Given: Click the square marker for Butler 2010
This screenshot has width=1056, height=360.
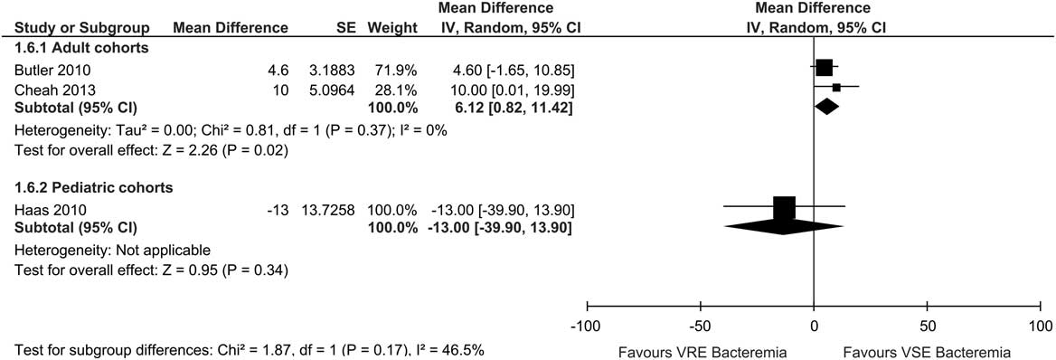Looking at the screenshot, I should pos(824,68).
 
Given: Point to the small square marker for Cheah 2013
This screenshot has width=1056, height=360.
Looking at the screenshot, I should pos(836,88).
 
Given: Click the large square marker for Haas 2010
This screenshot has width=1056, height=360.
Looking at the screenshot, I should pos(784,207).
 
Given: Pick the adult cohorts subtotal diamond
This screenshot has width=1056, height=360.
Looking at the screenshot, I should pos(826,107).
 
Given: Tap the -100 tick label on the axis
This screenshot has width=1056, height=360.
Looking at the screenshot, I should pos(587,324).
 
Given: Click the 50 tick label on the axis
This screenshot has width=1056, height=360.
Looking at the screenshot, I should pos(927,324).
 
